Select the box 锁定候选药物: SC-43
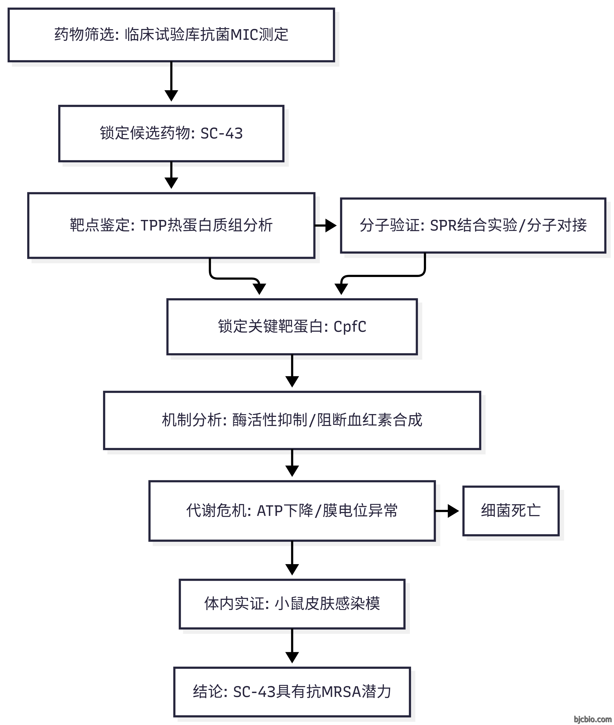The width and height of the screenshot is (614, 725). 171,134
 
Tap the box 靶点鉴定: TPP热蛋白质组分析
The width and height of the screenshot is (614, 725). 171,226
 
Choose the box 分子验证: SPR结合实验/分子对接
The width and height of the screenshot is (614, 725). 473,226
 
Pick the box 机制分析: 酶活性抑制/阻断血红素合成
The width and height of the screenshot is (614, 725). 292,420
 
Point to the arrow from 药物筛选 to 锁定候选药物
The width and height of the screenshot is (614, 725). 171,82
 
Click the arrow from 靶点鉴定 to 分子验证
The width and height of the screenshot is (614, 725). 326,226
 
